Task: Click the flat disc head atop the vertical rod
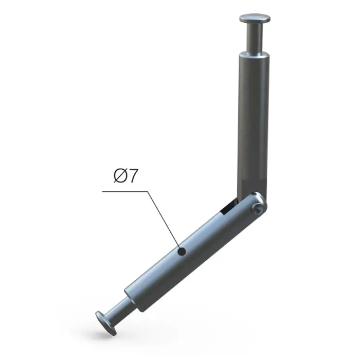click(255, 18)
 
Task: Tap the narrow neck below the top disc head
click(255, 37)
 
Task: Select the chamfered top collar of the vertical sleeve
click(254, 55)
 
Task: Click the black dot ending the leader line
click(182, 251)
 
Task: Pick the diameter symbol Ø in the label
click(120, 176)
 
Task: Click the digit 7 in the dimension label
click(133, 176)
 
